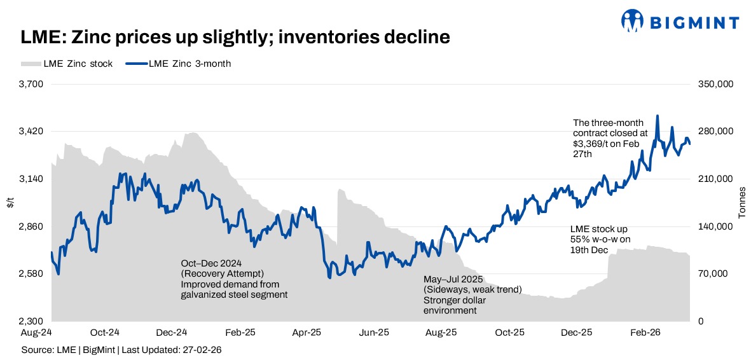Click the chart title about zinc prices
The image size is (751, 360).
(235, 38)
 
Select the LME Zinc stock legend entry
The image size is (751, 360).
(67, 64)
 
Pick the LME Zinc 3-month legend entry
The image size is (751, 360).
(179, 64)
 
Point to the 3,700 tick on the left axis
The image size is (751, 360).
(31, 84)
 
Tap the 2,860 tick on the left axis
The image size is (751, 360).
(31, 226)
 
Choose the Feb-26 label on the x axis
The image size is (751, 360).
(644, 332)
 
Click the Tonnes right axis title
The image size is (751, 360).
(741, 203)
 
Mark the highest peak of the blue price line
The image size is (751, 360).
(658, 116)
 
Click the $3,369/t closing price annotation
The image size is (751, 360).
(609, 138)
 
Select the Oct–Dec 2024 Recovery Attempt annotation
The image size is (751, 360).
(234, 279)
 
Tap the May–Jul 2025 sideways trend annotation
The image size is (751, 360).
(472, 294)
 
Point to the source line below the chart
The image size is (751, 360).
(121, 350)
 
